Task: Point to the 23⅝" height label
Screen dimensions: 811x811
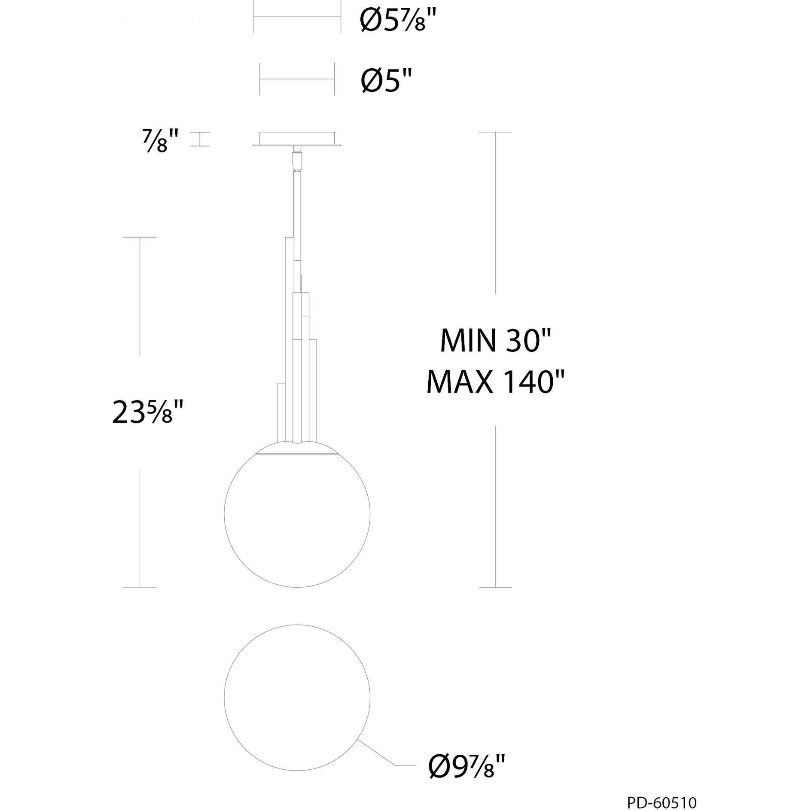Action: [148, 412]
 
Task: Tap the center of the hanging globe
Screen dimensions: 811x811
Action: [297, 514]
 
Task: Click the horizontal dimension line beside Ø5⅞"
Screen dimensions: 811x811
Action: [297, 17]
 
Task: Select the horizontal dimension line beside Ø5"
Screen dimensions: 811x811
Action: [297, 79]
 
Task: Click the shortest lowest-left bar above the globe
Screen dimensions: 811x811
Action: [280, 412]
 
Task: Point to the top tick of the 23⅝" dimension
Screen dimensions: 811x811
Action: [140, 237]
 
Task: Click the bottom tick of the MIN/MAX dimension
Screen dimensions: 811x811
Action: [495, 587]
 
